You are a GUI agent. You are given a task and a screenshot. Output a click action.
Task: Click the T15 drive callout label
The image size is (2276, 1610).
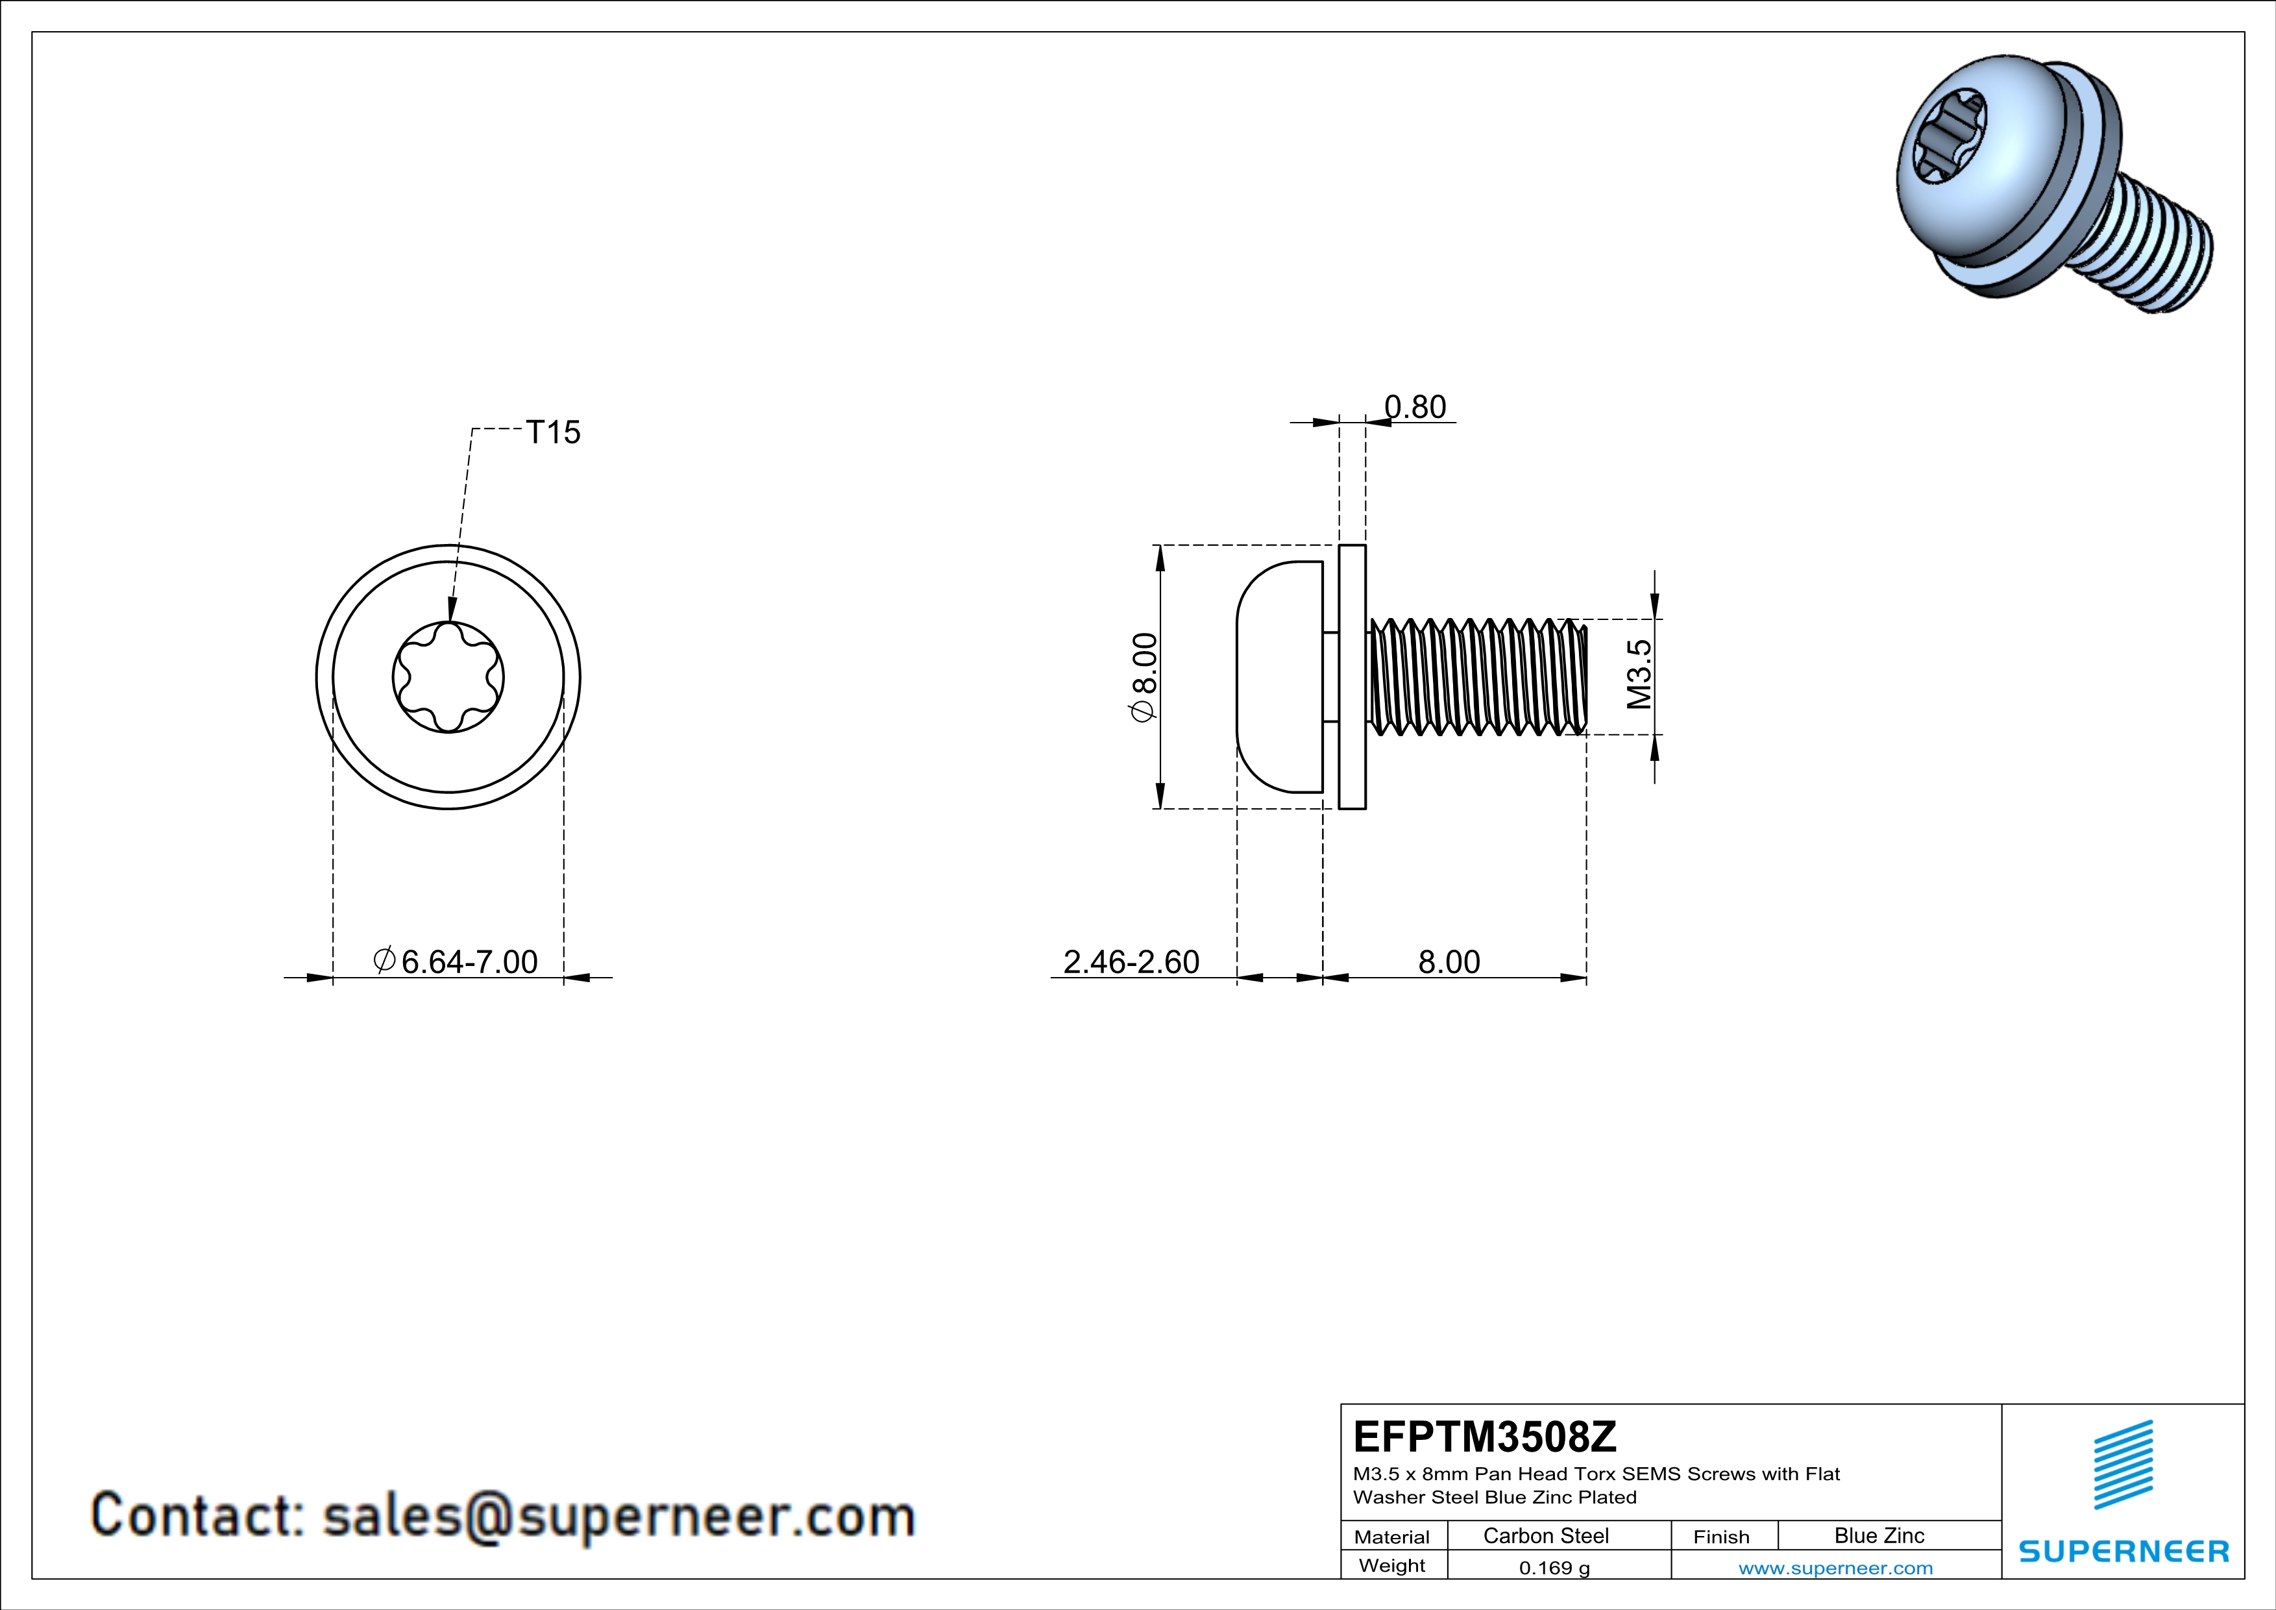[552, 432]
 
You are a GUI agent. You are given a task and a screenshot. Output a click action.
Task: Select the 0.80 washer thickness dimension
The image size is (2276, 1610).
[1415, 408]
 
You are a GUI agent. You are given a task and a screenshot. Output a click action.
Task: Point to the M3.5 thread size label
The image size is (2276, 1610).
[1639, 674]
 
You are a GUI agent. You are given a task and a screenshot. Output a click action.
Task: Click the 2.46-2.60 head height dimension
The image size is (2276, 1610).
[1131, 961]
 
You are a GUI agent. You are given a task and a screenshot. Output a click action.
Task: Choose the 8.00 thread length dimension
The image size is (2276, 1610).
[1449, 961]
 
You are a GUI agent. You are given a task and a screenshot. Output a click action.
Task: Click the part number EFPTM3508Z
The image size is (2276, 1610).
[1484, 1437]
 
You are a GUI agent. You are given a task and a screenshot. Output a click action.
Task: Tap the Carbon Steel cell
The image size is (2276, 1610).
[1545, 1535]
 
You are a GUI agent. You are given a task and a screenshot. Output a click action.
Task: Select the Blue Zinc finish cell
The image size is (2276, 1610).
[1878, 1535]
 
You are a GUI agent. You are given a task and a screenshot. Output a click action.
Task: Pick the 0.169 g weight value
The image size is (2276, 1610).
[1553, 1567]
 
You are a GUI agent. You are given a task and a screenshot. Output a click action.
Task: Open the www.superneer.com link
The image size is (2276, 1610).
[1835, 1567]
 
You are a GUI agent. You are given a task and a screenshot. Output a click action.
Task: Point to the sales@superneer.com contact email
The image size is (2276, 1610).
[618, 1517]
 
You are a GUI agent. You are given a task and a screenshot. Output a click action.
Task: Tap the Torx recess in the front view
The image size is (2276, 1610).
[448, 677]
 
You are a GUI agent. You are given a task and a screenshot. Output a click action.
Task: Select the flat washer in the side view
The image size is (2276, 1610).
[1352, 677]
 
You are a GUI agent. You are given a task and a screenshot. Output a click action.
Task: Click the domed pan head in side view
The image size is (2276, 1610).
[1279, 677]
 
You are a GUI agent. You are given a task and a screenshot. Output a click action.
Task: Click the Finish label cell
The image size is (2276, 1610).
[1721, 1537]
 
